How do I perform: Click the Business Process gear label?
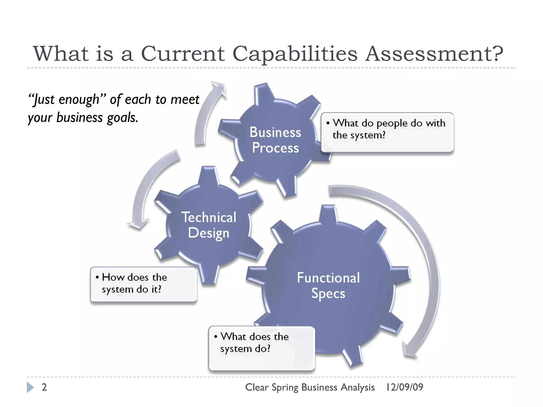pos(275,140)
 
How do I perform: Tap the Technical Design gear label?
pos(209,225)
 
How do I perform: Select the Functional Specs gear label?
pos(328,286)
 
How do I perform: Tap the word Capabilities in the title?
pos(295,54)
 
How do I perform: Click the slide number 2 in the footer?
pos(44,387)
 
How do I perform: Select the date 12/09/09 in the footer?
pos(405,387)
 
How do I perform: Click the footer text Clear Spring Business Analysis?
pos(310,387)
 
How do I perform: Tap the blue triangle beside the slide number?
pos(30,387)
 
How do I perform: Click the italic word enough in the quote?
pos(79,100)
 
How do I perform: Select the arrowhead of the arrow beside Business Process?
pos(219,87)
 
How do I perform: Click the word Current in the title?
pos(183,54)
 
